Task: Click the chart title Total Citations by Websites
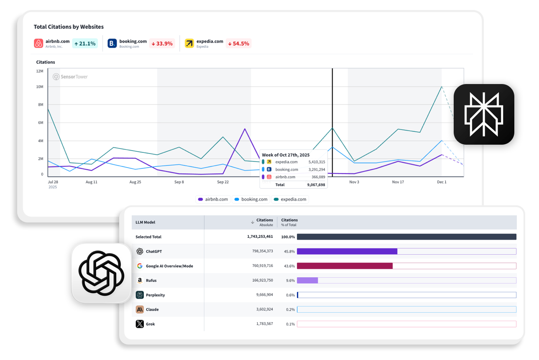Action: [69, 27]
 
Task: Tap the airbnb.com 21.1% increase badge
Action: [85, 43]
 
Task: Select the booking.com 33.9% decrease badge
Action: [162, 43]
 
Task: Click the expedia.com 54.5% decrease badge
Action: [238, 43]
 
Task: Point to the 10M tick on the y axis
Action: [40, 87]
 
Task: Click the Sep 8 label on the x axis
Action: [179, 182]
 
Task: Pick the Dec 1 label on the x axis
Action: [442, 182]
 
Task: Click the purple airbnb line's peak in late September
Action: [245, 129]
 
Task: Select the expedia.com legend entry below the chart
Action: [290, 199]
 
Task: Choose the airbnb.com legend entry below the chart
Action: [214, 199]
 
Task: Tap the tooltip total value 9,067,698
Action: [315, 184]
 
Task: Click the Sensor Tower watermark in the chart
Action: [70, 77]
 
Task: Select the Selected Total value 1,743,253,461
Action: [260, 237]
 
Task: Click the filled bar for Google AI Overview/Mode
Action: [345, 266]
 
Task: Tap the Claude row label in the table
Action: [152, 309]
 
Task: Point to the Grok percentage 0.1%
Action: [290, 324]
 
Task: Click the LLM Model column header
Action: [146, 222]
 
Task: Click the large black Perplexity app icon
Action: [484, 114]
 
